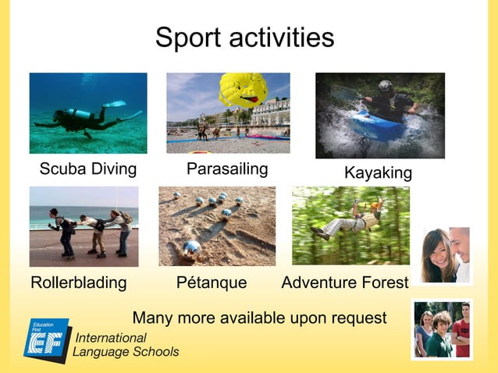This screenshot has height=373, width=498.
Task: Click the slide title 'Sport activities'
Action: (244, 37)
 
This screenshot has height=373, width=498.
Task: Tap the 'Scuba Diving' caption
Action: (88, 169)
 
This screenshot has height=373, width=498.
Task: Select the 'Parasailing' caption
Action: (227, 169)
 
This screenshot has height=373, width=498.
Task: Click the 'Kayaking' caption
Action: (378, 173)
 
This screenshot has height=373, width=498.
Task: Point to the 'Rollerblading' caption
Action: (78, 282)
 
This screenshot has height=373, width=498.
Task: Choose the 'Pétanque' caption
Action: (212, 282)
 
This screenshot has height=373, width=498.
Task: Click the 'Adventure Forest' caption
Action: (344, 282)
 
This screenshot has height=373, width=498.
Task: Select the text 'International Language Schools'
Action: (125, 345)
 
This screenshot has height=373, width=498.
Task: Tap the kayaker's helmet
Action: (386, 86)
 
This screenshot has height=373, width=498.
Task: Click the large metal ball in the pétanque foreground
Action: (191, 247)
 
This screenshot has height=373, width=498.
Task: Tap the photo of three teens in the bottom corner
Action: (442, 329)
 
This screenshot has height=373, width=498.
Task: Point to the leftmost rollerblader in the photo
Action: (61, 230)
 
